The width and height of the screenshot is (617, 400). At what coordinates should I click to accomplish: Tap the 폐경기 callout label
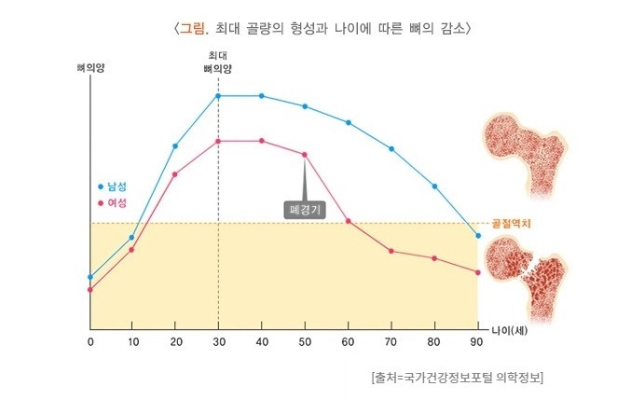click(305, 211)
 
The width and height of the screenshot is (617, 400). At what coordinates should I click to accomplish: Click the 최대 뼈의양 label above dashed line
click(217, 62)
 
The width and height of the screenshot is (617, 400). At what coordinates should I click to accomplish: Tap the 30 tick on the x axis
click(218, 341)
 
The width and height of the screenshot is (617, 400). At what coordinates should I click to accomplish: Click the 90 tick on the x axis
click(477, 341)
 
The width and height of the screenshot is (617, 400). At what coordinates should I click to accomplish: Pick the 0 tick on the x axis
click(90, 341)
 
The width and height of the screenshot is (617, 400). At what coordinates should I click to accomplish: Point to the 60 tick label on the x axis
click(348, 341)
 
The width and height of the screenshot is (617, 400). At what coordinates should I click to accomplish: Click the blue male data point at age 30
click(218, 96)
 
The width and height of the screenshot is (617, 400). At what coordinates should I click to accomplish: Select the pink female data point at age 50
click(305, 155)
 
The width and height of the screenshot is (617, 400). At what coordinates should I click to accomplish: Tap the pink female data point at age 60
click(348, 221)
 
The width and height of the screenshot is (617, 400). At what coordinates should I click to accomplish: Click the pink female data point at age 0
click(90, 289)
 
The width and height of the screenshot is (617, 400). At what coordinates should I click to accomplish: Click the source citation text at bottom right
click(457, 378)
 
